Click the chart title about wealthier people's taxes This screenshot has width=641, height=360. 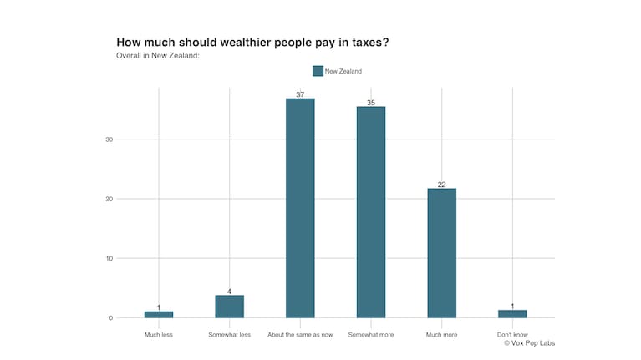tap(252, 42)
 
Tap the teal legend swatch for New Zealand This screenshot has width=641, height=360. tap(318, 71)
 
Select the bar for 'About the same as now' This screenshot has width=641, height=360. tap(300, 208)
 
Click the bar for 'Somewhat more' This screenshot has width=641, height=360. tap(370, 212)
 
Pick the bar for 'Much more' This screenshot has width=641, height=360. tap(441, 253)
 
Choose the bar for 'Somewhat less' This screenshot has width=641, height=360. tap(229, 307)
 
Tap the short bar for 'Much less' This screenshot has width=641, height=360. tap(158, 315)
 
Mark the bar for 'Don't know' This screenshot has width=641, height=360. tap(512, 314)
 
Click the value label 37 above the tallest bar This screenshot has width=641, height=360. tap(300, 94)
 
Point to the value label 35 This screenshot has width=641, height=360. tap(370, 103)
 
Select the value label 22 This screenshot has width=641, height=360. tap(441, 185)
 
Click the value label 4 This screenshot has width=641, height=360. tap(229, 292)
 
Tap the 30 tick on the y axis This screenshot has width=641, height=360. tap(109, 139)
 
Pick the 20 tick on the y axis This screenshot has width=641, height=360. tap(109, 199)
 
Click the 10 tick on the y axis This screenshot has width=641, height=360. tap(109, 259)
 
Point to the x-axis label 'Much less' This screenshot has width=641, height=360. tap(158, 335)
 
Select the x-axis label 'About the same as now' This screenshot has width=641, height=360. tap(300, 335)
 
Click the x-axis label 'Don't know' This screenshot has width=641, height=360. tap(512, 335)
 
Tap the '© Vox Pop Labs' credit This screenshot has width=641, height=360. tap(529, 343)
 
